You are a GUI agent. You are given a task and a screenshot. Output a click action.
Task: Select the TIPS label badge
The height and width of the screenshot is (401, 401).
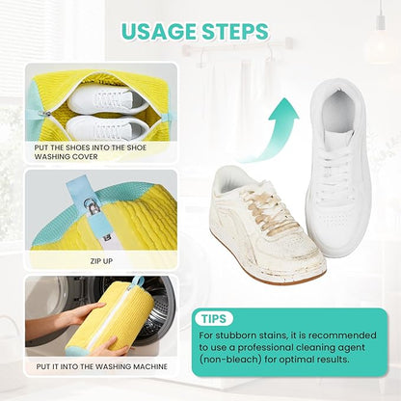[x=217, y=318]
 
